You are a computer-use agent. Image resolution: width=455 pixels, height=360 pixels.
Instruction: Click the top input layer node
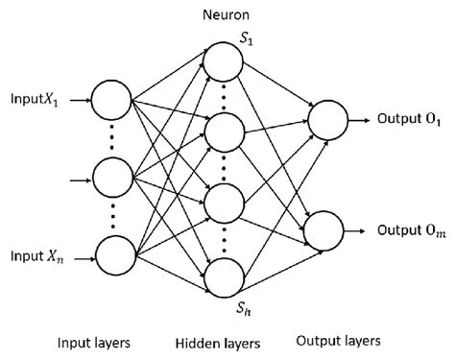(111, 99)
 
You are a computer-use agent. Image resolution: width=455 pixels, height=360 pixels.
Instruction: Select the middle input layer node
(111, 178)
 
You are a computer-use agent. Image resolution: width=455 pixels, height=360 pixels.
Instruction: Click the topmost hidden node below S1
(221, 60)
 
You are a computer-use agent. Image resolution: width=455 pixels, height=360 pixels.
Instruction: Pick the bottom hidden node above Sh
(221, 276)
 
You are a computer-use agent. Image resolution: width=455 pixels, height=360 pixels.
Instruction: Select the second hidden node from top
(221, 132)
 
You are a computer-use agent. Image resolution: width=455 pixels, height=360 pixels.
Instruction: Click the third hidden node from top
(221, 205)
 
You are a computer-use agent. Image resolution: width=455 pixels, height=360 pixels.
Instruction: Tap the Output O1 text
(407, 122)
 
